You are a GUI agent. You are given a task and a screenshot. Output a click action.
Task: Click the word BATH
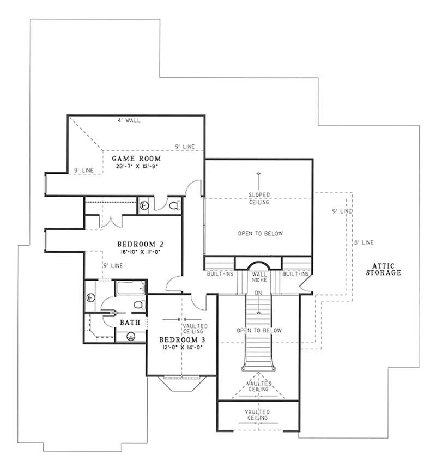coord(130,323)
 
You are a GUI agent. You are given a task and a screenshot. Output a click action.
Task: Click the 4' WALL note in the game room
coord(129,120)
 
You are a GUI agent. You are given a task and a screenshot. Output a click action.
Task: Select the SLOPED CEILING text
coord(259,198)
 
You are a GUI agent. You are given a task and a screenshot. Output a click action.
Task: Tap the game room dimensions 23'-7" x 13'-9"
coord(135,167)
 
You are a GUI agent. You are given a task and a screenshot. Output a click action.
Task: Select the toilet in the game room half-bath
coord(174,205)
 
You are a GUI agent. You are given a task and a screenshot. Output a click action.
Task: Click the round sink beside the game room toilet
coord(144,205)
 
